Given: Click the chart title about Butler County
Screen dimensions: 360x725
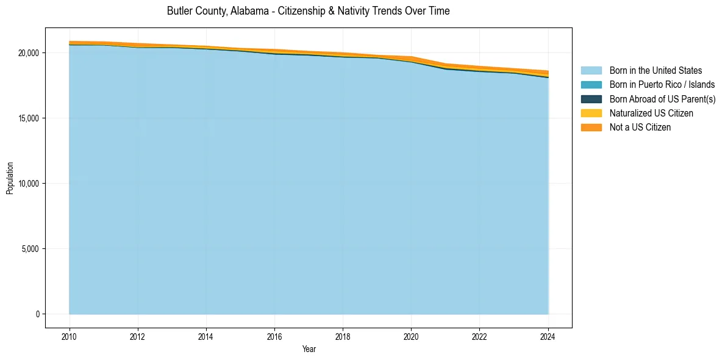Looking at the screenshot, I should tap(308, 11).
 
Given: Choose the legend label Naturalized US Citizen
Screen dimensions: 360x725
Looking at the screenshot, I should tap(651, 113).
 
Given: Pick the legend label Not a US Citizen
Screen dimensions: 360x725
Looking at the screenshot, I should tap(640, 128).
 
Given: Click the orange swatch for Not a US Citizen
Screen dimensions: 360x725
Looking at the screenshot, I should tap(591, 128).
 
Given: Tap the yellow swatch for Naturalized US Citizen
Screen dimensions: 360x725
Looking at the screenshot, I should tap(591, 113).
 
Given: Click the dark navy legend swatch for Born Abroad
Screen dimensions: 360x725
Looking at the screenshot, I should tap(591, 99).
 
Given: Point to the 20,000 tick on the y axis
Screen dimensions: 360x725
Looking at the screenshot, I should tap(29, 53).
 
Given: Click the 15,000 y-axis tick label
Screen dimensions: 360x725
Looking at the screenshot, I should tap(29, 118).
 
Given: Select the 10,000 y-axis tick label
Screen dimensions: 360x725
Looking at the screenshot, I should tap(29, 184).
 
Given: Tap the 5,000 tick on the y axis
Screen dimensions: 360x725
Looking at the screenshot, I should tap(30, 249).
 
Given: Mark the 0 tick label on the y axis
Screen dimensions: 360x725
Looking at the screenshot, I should tap(37, 314).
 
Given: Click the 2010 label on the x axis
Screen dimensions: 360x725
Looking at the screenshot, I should tap(70, 336).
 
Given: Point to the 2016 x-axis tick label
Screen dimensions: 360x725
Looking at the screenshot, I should tap(274, 336).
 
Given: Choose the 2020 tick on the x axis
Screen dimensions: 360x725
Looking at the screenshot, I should tap(412, 336).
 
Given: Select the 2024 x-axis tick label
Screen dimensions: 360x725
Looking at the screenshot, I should tap(548, 336).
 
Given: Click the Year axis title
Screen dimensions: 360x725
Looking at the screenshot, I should tap(309, 349).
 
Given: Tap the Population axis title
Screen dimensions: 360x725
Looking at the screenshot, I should tap(10, 178).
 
